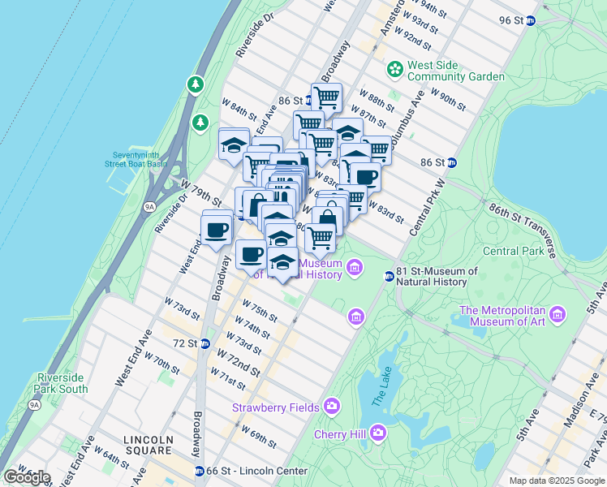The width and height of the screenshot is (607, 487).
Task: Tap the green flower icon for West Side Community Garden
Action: pyautogui.click(x=395, y=70)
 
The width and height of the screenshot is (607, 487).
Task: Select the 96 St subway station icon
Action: pyautogui.click(x=531, y=20)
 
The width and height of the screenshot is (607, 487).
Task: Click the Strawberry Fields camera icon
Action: pyautogui.click(x=332, y=406)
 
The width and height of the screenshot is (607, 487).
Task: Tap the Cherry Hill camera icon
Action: pyautogui.click(x=378, y=433)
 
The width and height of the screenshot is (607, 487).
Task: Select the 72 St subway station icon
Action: pyautogui.click(x=205, y=343)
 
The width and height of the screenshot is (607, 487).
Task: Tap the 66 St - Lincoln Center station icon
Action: pyautogui.click(x=200, y=471)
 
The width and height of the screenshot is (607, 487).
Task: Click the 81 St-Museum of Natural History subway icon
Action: pyautogui.click(x=389, y=277)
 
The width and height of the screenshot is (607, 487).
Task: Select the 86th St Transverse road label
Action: pyautogui.click(x=523, y=229)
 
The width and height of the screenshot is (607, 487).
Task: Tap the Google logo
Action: pyautogui.click(x=26, y=477)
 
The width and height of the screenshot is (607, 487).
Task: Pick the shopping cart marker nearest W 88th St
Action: pyautogui.click(x=326, y=97)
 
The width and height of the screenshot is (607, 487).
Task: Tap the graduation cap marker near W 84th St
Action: pyautogui.click(x=234, y=144)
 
